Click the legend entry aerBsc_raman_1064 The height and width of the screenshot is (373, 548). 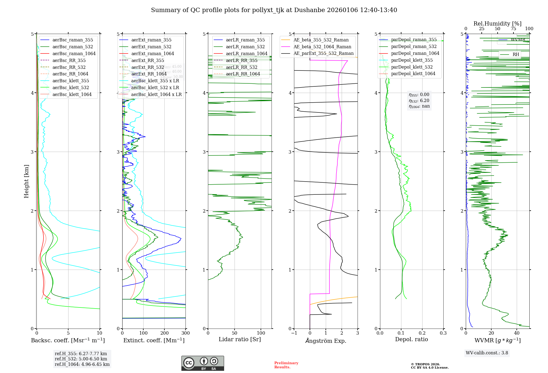(74, 53)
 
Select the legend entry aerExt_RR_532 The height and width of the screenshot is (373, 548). (148, 67)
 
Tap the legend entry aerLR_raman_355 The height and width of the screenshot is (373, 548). (245, 40)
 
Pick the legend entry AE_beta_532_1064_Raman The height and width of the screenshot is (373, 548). (322, 47)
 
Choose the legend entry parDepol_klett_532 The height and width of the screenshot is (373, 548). (412, 67)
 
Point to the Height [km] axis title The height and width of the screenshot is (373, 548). (26, 181)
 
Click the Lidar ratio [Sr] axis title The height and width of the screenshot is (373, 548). (240, 340)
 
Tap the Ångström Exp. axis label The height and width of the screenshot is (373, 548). (326, 341)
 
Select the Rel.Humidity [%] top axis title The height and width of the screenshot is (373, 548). (497, 24)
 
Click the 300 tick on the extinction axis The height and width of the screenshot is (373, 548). (185, 333)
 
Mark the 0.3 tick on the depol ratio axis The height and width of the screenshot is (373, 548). (443, 333)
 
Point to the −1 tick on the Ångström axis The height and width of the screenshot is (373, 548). (294, 333)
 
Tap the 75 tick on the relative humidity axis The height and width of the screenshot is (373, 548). (513, 29)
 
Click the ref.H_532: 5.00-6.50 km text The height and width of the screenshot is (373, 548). (81, 359)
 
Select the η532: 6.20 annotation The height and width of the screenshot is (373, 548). (419, 101)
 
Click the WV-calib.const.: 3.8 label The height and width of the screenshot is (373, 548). (487, 353)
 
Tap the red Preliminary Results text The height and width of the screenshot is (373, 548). (286, 365)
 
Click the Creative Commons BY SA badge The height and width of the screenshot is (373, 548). (202, 363)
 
